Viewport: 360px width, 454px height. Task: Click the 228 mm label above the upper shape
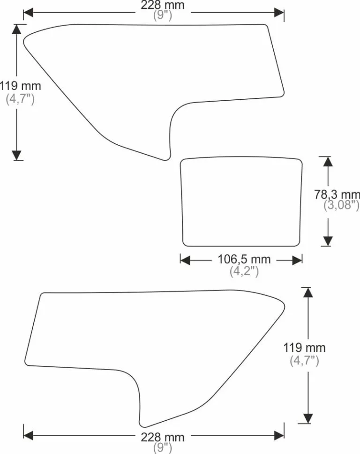point(163,5)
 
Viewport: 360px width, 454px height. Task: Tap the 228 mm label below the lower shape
point(163,437)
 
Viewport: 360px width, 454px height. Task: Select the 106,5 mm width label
point(244,259)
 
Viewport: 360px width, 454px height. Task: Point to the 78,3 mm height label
point(337,194)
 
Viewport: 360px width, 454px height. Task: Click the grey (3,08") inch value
point(341,205)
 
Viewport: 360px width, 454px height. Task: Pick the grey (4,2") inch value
point(244,271)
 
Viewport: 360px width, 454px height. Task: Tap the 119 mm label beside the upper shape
point(20,86)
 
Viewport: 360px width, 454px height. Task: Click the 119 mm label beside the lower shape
point(304,348)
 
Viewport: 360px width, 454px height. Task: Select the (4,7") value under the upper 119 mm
point(20,99)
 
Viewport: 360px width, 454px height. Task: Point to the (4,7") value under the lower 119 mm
point(304,361)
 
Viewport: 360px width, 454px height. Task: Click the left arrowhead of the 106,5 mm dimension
point(185,260)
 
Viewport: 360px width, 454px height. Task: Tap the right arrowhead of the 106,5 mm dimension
point(297,260)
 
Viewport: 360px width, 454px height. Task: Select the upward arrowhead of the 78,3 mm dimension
point(328,162)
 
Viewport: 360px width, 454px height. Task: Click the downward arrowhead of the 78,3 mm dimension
point(328,241)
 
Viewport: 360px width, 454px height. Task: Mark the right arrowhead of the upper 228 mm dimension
point(279,13)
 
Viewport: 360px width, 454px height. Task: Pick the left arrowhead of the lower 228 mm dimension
point(29,435)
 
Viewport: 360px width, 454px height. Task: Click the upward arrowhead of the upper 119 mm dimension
point(17,30)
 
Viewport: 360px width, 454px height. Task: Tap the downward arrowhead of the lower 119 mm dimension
point(308,419)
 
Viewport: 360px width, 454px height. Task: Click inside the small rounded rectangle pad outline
point(241,202)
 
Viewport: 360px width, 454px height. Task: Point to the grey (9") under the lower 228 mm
point(163,448)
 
